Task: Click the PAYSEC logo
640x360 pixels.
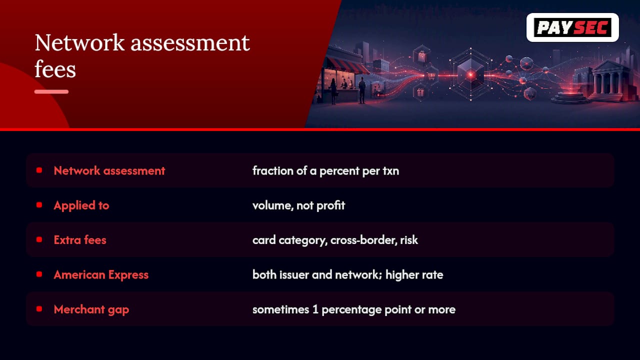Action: point(572,27)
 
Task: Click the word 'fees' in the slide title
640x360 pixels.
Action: point(55,69)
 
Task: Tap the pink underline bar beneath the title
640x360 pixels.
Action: point(51,91)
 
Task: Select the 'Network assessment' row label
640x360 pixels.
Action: point(109,170)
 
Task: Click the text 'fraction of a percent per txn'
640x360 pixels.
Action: point(325,171)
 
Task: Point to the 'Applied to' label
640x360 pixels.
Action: point(81,205)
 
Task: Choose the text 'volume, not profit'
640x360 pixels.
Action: point(298,205)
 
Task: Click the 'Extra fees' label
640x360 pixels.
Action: point(80,240)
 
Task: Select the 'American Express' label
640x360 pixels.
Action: point(101,275)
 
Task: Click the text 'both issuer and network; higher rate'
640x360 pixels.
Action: point(347,274)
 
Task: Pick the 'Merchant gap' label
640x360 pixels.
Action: point(91,309)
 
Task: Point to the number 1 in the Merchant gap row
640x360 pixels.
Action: point(315,309)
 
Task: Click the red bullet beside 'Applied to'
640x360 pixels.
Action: point(39,205)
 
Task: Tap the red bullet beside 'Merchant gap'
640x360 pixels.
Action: point(39,309)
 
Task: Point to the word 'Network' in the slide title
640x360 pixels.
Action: point(79,43)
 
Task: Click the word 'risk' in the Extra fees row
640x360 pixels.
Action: point(409,240)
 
